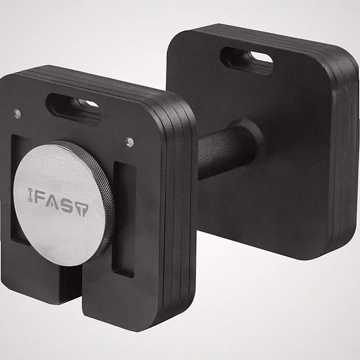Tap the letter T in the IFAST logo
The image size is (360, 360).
pos(82,209)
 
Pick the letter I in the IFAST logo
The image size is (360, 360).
pos(30,195)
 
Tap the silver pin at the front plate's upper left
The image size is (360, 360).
pos(17,113)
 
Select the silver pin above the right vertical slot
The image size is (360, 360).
pos(130,141)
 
